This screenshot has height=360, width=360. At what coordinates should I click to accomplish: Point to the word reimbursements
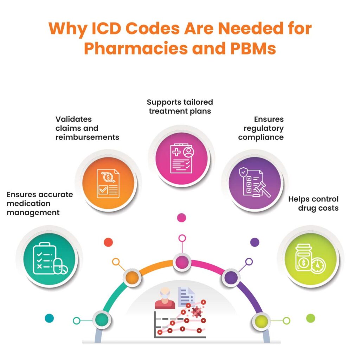tap(87, 137)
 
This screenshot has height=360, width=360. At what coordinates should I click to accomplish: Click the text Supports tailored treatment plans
tap(180, 107)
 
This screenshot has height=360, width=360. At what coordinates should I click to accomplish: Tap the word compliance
tap(261, 137)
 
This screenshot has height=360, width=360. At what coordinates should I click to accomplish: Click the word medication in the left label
tap(28, 204)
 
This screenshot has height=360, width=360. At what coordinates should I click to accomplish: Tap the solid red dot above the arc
tap(108, 242)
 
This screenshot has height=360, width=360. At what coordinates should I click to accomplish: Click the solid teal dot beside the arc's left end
tap(49, 319)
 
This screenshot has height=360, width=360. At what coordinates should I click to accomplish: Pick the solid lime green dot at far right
tap(310, 319)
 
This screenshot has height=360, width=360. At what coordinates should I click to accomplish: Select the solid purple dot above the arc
tap(255, 242)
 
